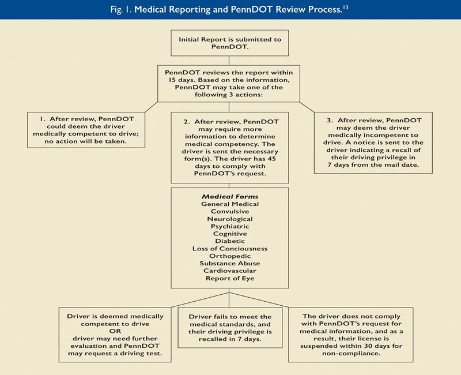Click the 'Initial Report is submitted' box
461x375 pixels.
point(229,43)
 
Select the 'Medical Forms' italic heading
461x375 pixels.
point(230,197)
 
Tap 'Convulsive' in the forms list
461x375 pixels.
point(230,211)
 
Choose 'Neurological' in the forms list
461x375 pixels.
point(230,219)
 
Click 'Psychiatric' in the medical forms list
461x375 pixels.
point(230,226)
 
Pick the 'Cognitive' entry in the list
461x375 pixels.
point(230,234)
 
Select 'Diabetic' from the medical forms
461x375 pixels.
point(230,241)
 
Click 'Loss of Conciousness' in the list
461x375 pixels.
point(230,249)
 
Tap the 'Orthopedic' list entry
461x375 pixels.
point(230,256)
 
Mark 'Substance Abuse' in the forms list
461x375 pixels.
point(230,264)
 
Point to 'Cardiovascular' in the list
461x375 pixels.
point(230,271)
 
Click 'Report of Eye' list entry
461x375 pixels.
point(230,279)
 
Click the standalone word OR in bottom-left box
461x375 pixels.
point(115,331)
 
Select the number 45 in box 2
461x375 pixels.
point(271,159)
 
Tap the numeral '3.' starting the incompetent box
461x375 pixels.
point(330,121)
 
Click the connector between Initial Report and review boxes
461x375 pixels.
point(229,61)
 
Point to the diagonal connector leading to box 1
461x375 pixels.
point(152,107)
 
